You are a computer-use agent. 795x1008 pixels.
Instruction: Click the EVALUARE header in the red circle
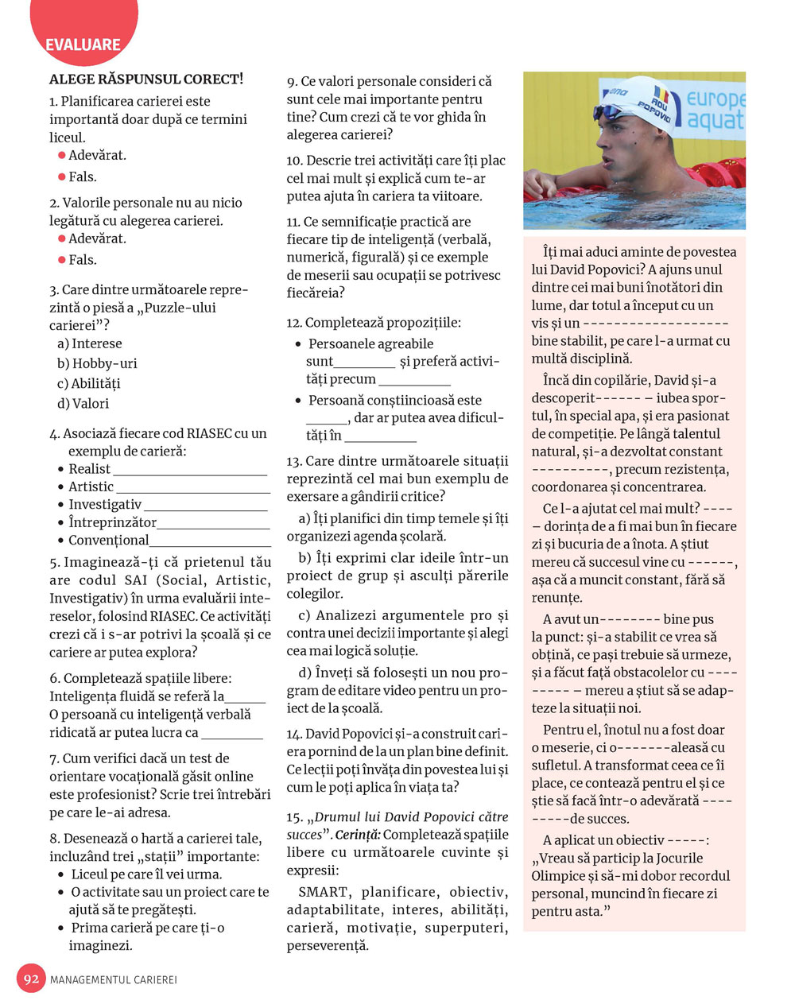click(83, 45)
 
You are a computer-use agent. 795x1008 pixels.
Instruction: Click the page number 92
click(32, 979)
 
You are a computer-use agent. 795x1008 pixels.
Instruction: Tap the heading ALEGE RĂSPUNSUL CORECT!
click(146, 79)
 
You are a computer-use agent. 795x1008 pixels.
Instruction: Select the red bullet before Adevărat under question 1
click(61, 156)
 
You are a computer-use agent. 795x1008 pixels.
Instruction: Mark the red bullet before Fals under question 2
click(61, 260)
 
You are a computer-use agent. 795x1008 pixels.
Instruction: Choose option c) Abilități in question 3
click(89, 383)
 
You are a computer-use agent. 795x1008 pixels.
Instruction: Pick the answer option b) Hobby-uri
click(97, 363)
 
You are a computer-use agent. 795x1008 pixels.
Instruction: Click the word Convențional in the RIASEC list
click(108, 541)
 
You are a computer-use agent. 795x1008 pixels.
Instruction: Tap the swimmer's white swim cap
click(640, 103)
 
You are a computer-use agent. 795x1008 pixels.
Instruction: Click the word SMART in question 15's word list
click(323, 892)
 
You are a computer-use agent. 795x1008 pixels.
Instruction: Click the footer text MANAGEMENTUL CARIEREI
click(114, 979)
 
